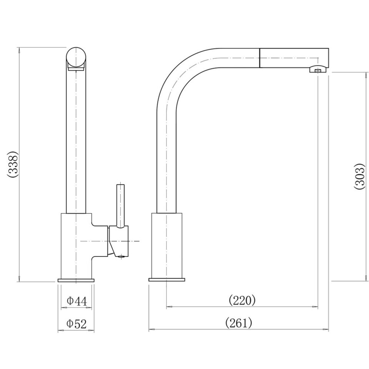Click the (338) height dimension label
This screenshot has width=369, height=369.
tap(13, 164)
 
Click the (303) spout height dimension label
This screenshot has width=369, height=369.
tap(359, 176)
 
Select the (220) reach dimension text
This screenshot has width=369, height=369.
tap(242, 300)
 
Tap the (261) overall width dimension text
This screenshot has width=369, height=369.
tap(239, 323)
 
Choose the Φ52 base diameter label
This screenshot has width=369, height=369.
tap(76, 324)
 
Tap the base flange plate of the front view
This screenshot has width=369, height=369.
tap(76, 280)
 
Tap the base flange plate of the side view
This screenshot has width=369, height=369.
tap(166, 280)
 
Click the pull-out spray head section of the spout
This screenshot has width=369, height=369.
tap(294, 58)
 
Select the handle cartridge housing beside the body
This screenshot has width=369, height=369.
tap(119, 241)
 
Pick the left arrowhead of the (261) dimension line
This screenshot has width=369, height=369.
tap(151, 330)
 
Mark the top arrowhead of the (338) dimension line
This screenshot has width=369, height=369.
tap(19, 49)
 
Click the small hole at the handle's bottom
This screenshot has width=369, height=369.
tap(122, 256)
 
